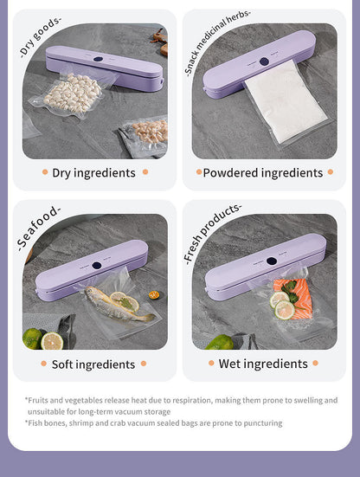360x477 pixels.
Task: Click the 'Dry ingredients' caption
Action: [93, 172]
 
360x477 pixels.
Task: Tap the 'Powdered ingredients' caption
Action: [262, 172]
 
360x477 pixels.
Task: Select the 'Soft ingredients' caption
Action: [93, 364]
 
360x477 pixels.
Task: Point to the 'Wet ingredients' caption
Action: [262, 364]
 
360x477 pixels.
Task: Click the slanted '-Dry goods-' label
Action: [41, 36]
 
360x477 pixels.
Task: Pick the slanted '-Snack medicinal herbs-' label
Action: [218, 43]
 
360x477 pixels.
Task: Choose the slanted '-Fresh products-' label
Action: [212, 233]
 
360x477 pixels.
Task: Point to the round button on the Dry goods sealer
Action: [97, 60]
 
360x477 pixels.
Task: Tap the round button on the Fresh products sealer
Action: [271, 261]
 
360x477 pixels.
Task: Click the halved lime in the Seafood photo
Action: [52, 340]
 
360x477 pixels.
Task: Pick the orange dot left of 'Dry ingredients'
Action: [45, 172]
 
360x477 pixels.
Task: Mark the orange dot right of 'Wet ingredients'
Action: [315, 364]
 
